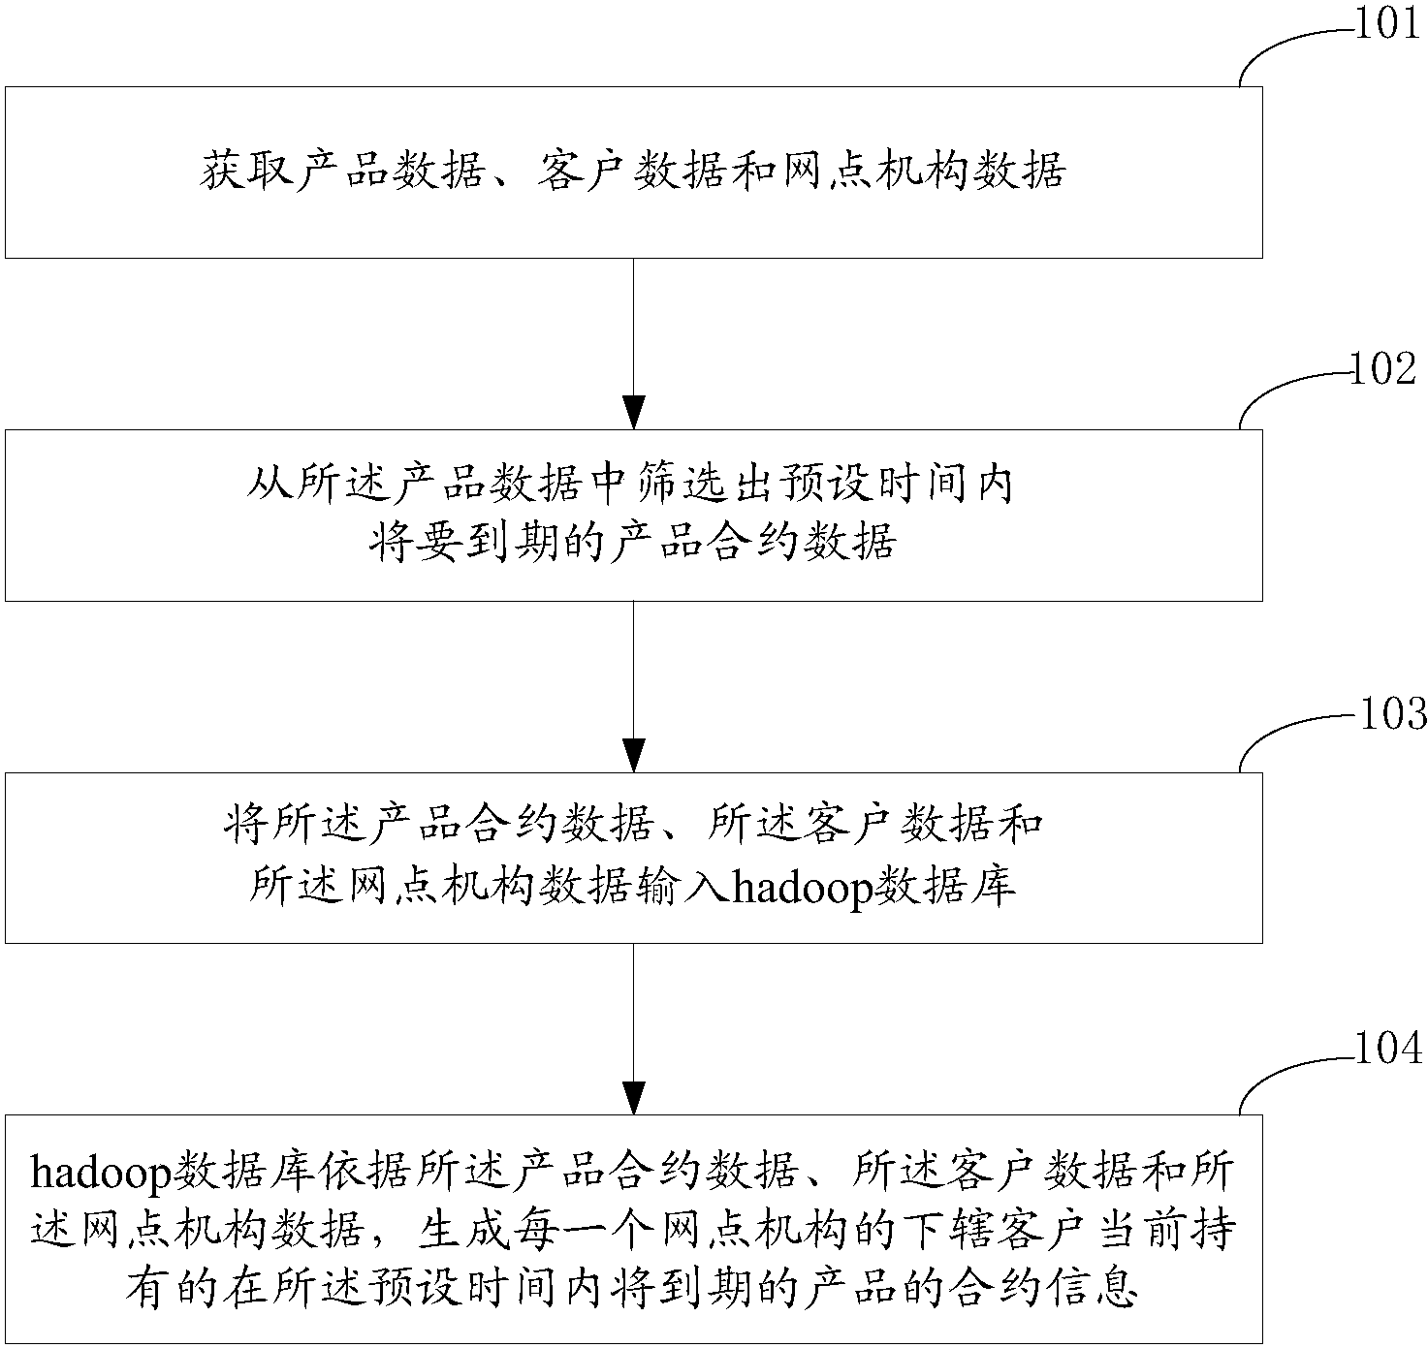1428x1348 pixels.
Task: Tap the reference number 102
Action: pyautogui.click(x=1384, y=369)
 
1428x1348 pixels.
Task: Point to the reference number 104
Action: pyautogui.click(x=1387, y=1049)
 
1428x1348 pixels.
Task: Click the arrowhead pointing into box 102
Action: pyautogui.click(x=633, y=412)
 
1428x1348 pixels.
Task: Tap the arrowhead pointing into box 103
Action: pyautogui.click(x=633, y=755)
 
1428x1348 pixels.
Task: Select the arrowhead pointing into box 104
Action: pyautogui.click(x=633, y=1097)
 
